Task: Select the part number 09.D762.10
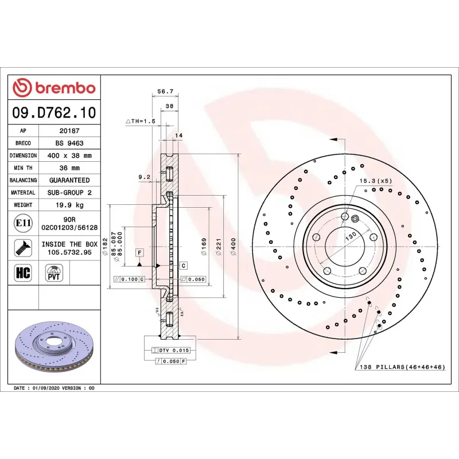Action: pos(55,112)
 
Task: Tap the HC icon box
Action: pos(23,273)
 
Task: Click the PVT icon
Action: pos(54,273)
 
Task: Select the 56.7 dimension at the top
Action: pos(165,91)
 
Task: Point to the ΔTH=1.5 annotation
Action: pos(140,122)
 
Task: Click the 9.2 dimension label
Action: pos(143,177)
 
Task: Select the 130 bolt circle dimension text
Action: pos(350,236)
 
